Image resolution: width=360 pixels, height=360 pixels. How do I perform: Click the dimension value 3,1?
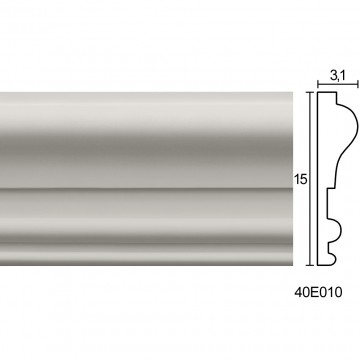tap(338, 76)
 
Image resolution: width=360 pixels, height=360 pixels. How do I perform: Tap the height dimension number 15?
tap(300, 180)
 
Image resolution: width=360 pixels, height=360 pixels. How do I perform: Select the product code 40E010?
tap(318, 292)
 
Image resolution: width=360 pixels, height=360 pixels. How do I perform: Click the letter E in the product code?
tap(314, 292)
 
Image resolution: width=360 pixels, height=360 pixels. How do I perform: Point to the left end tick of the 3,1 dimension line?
tap(318, 84)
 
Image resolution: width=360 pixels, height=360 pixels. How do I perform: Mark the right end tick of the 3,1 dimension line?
tap(358, 84)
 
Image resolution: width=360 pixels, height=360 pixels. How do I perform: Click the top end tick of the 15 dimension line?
tap(310, 92)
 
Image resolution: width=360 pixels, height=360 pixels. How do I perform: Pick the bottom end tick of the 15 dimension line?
tap(310, 265)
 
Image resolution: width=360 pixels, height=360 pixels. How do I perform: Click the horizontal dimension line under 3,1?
tap(338, 84)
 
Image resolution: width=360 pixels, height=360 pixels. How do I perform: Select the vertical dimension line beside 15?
tap(310, 179)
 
